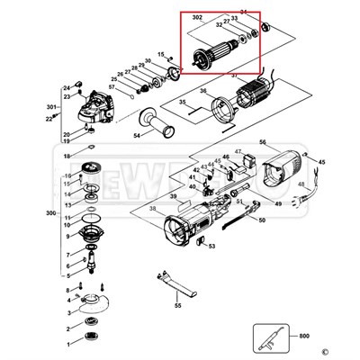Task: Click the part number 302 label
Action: pyautogui.click(x=197, y=18)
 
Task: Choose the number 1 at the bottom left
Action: pyautogui.click(x=66, y=343)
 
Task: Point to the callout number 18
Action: pyautogui.click(x=66, y=157)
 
